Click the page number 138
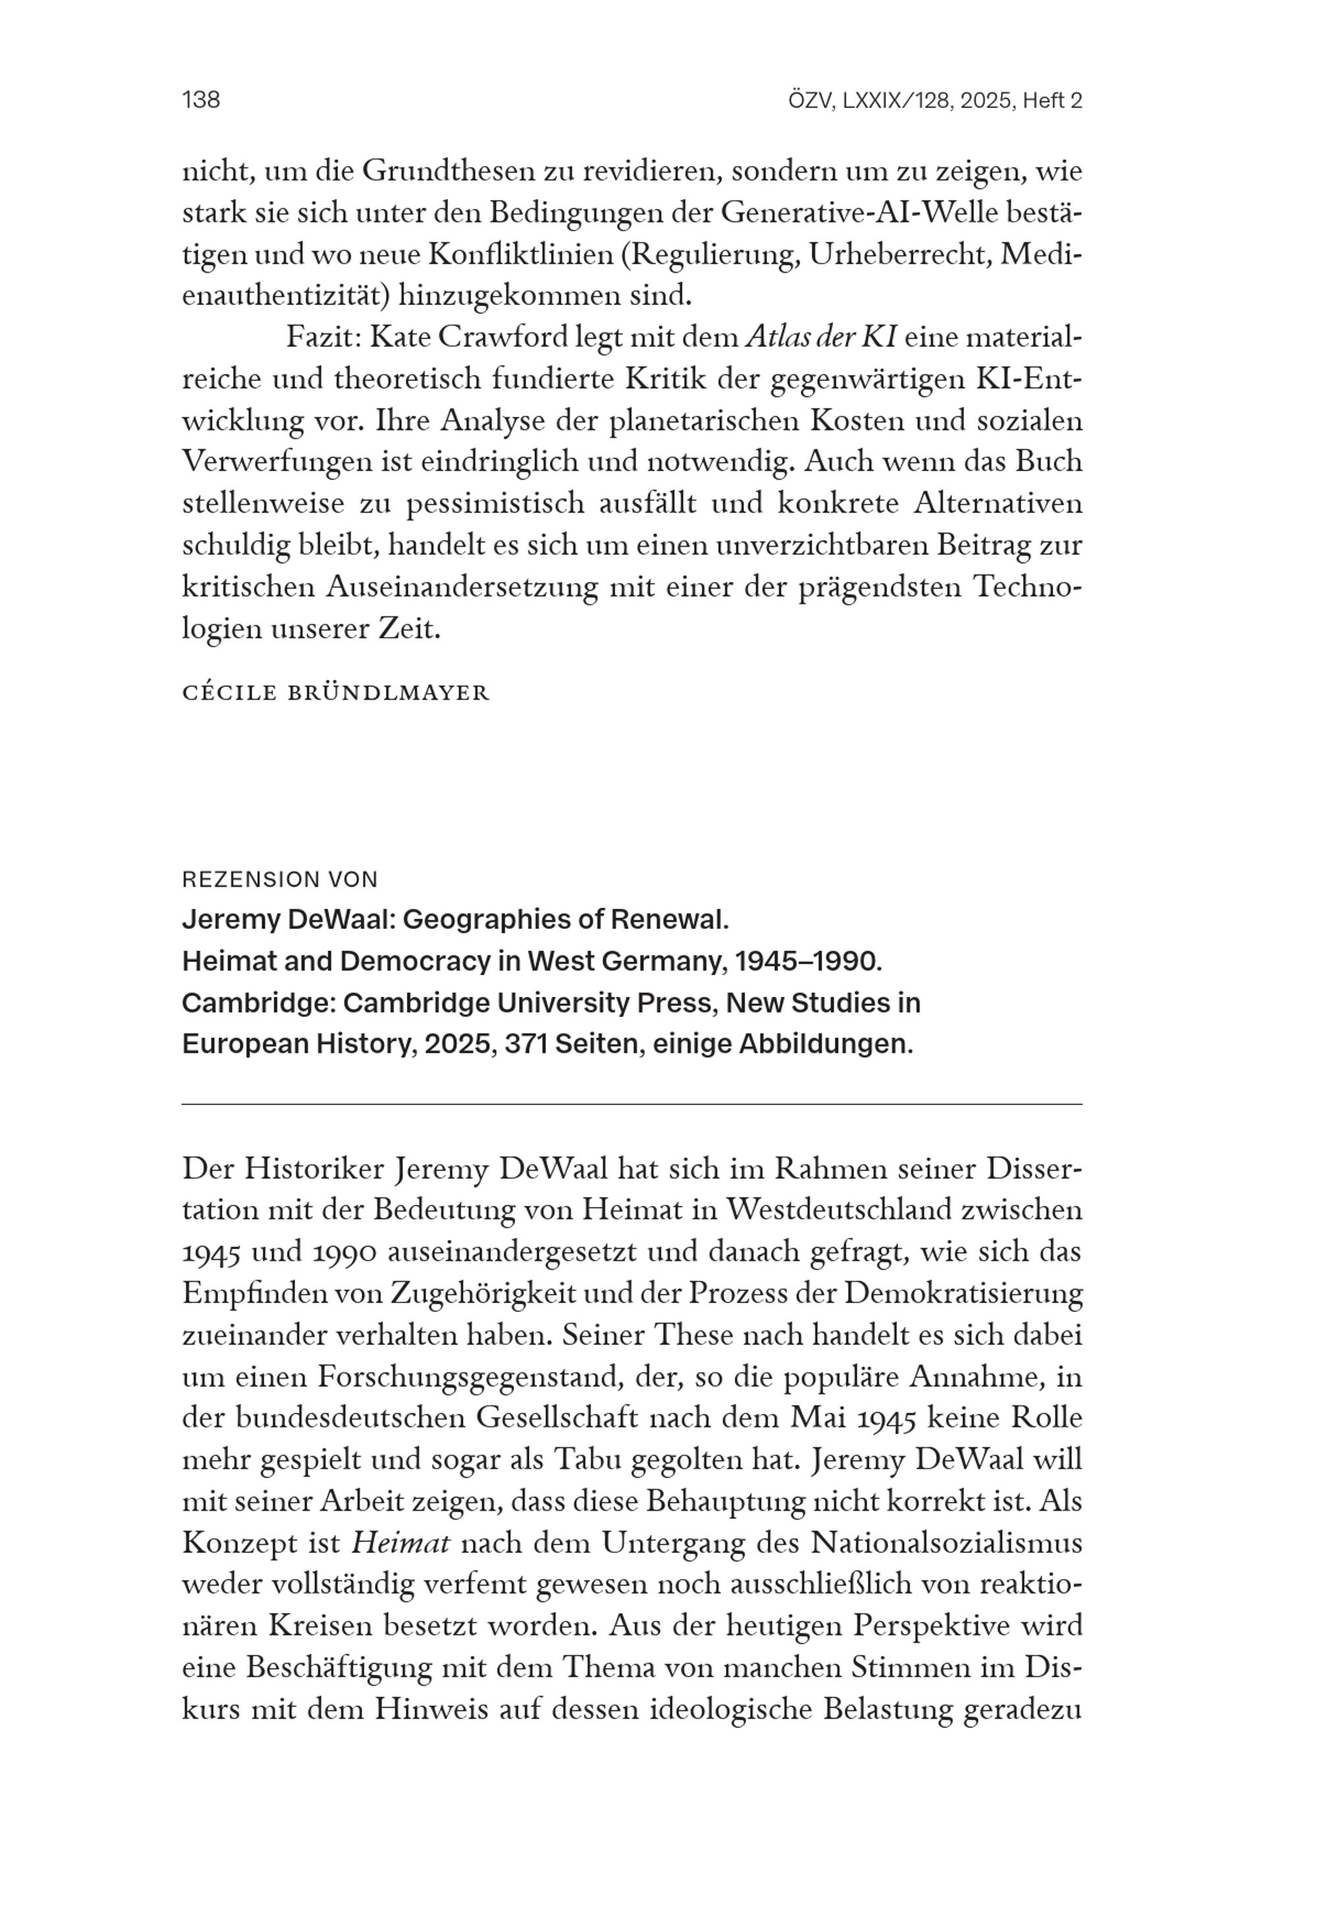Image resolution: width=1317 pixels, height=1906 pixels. coord(201,100)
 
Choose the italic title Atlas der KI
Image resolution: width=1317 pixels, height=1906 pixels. coord(821,337)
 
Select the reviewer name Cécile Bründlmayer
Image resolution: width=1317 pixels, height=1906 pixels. coord(336,692)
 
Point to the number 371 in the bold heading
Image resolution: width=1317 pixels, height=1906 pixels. coord(525,1044)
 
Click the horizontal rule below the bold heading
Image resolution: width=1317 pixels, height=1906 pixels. coord(632,1104)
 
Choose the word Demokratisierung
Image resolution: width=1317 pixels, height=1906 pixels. coord(963,1293)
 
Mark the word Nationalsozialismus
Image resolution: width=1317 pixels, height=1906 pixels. coord(946,1543)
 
